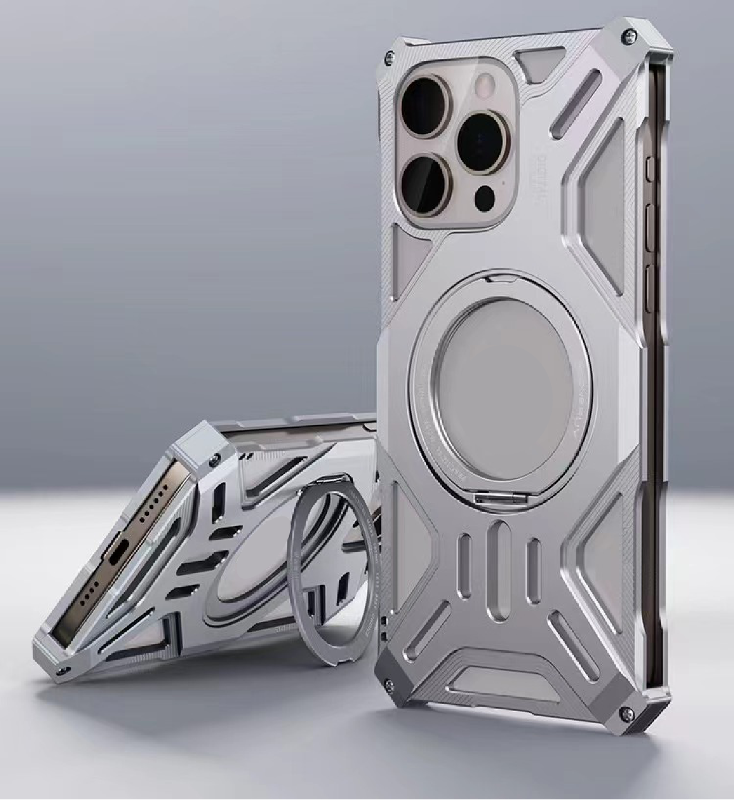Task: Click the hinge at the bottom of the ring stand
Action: tap(488, 498)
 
